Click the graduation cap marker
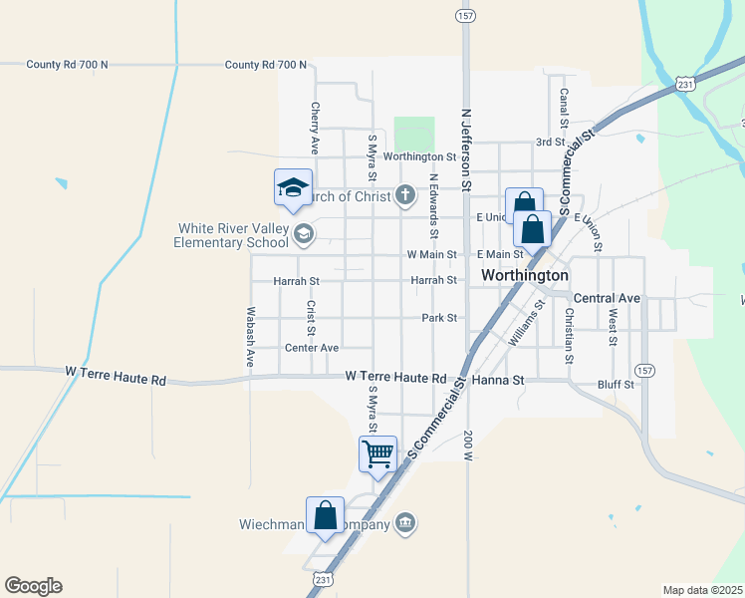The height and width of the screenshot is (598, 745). [x=294, y=187]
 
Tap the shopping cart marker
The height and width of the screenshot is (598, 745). [x=378, y=453]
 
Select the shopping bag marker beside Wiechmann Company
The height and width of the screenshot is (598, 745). [x=326, y=516]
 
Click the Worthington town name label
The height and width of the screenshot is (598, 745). [x=525, y=275]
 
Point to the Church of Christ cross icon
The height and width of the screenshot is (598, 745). [x=404, y=195]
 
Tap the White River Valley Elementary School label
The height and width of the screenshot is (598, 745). [x=233, y=235]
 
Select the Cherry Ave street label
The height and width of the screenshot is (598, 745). [x=315, y=128]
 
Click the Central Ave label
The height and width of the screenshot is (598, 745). [x=607, y=298]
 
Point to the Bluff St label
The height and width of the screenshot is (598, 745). [x=617, y=384]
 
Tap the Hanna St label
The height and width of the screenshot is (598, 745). [x=504, y=380]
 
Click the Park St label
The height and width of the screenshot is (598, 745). [x=438, y=318]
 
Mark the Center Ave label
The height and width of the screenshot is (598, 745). [x=312, y=348]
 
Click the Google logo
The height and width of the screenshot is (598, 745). [x=33, y=586]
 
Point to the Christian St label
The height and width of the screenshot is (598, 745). [x=570, y=335]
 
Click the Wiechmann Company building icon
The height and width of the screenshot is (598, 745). [x=404, y=523]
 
